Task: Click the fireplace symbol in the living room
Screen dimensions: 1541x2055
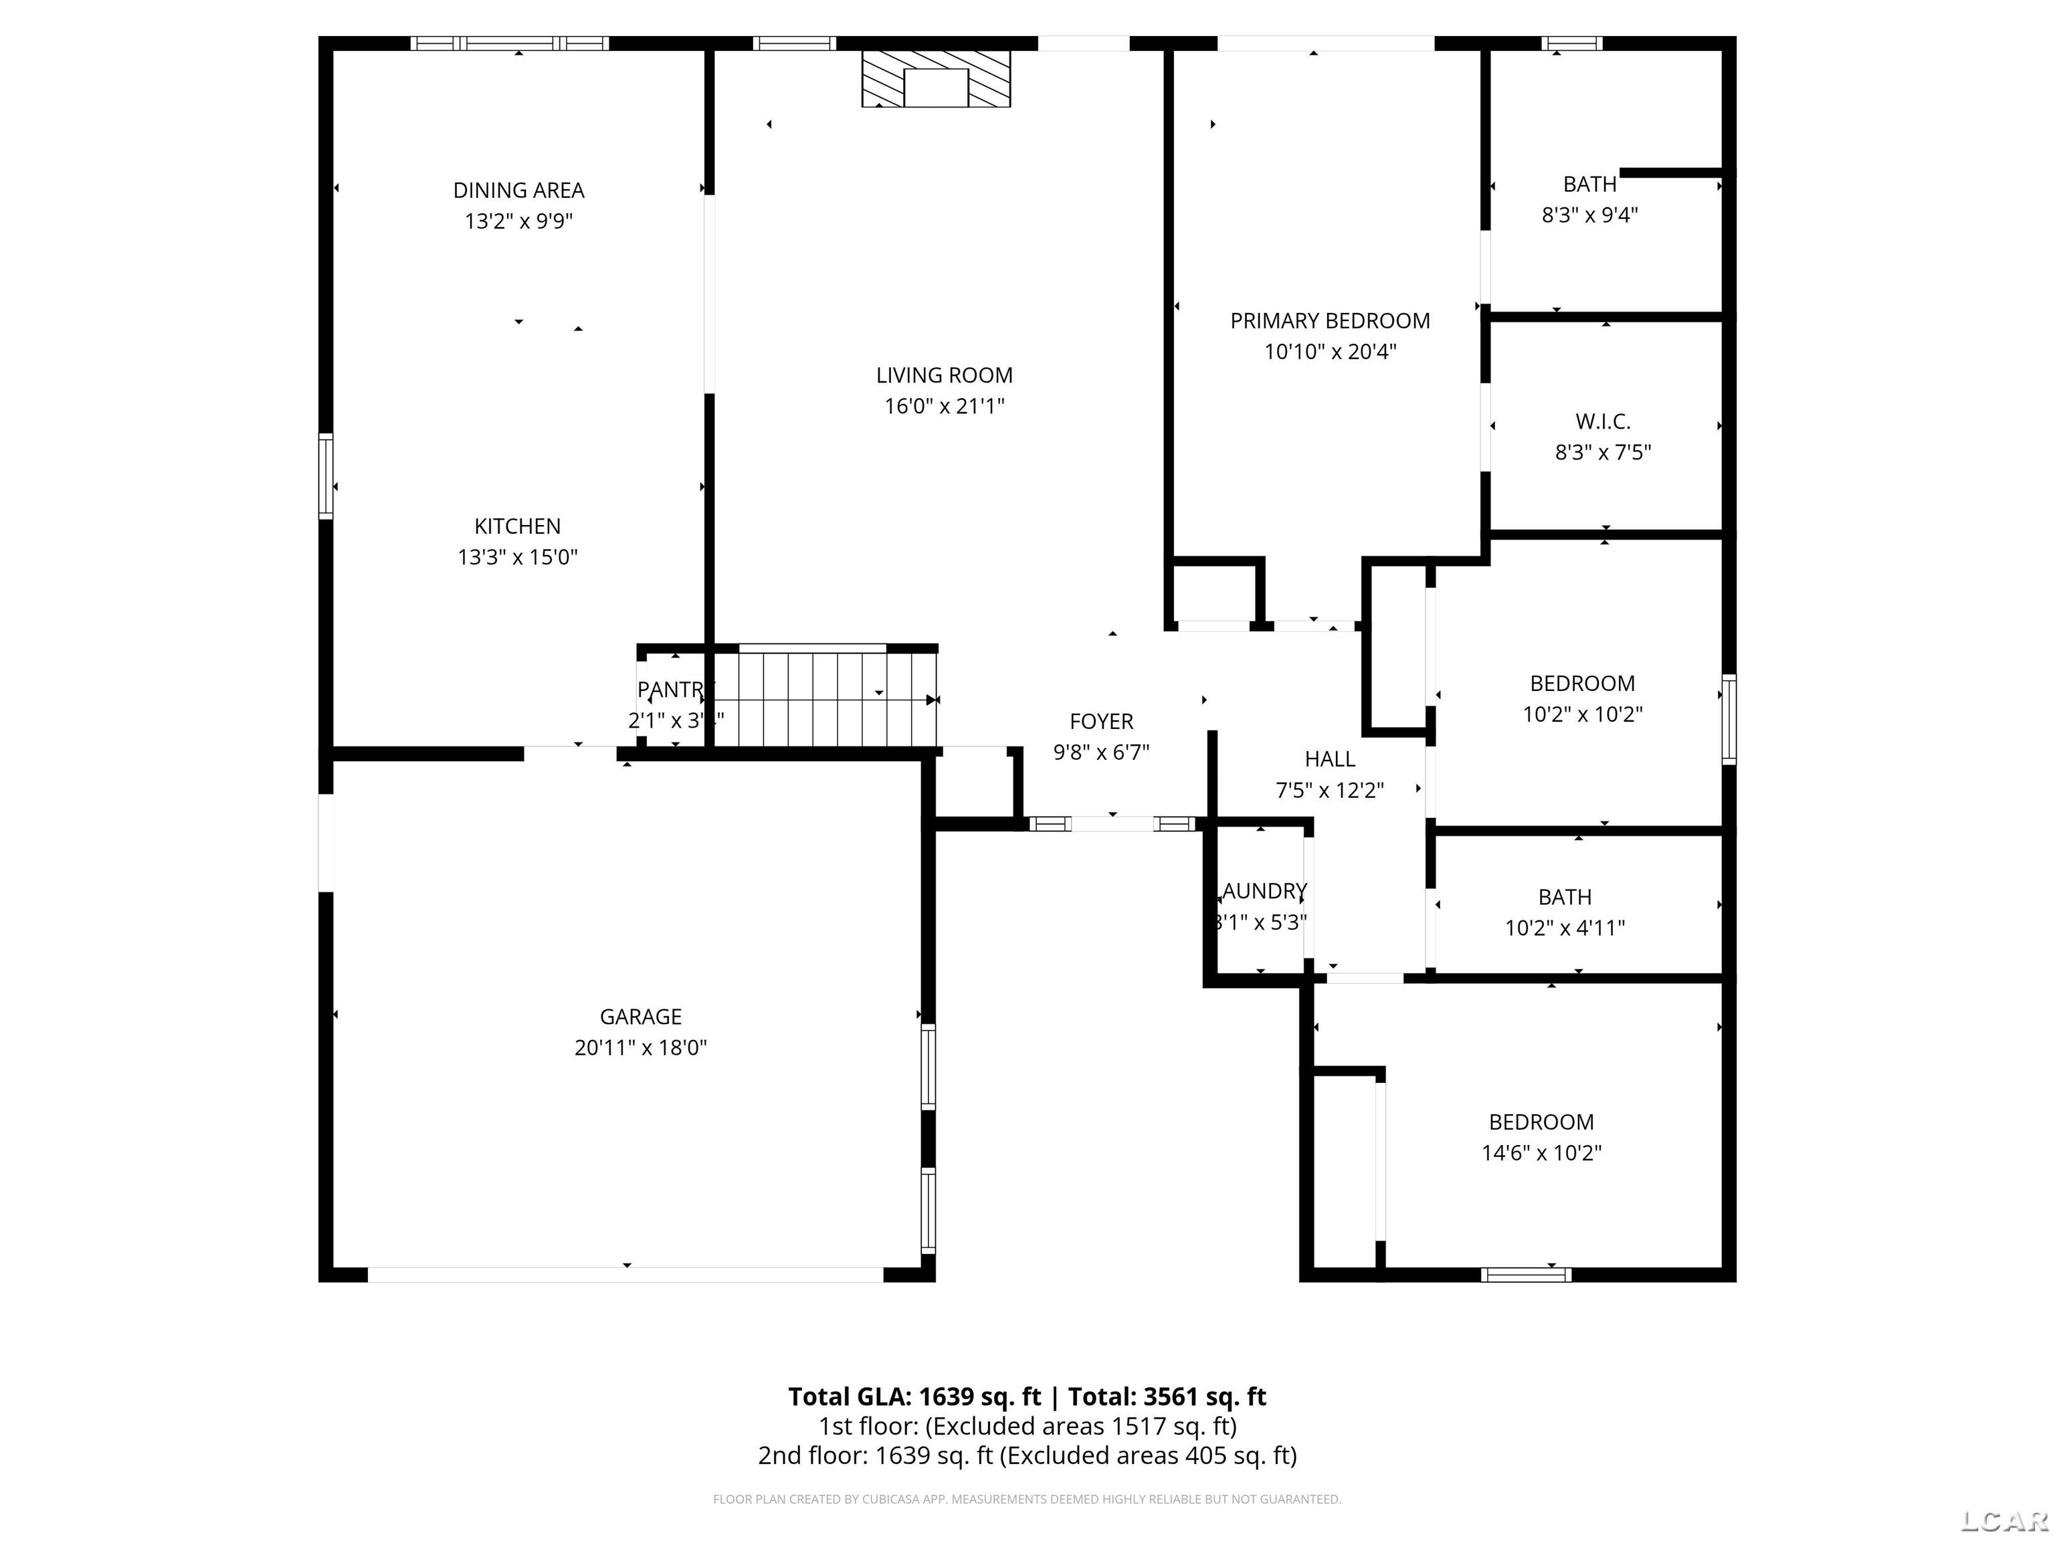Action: pyautogui.click(x=936, y=79)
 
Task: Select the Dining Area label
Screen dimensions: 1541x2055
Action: pyautogui.click(x=518, y=191)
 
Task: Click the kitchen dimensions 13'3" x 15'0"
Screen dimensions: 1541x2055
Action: pyautogui.click(x=518, y=557)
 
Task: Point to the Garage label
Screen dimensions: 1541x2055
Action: pyautogui.click(x=640, y=1016)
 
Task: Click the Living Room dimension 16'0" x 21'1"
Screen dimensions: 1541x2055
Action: pyautogui.click(x=944, y=406)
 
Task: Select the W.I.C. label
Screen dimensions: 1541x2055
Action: pyautogui.click(x=1603, y=422)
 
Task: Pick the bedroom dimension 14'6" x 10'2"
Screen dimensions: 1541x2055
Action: pyautogui.click(x=1541, y=1152)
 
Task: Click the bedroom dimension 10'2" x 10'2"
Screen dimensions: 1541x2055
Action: pyautogui.click(x=1582, y=714)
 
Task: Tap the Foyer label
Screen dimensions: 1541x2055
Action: pyautogui.click(x=1101, y=722)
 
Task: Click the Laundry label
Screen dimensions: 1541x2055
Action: pyautogui.click(x=1264, y=892)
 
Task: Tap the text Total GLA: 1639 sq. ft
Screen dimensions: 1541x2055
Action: pyautogui.click(x=914, y=1397)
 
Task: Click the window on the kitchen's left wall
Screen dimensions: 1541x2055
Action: pyautogui.click(x=326, y=476)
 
